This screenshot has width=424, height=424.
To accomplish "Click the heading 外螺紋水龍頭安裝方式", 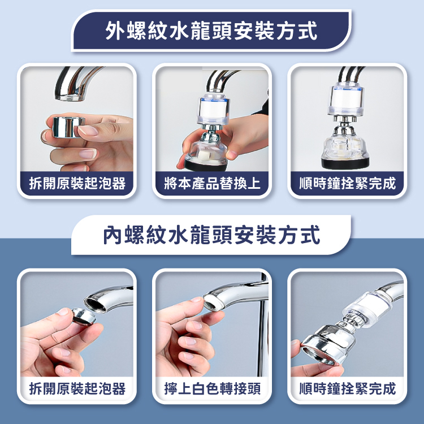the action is [x=211, y=31].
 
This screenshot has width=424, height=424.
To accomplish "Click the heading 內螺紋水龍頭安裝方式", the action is [x=211, y=235].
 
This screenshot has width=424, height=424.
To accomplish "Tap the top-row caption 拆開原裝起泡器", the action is [x=77, y=183].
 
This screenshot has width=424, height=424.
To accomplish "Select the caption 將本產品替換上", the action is [x=212, y=183].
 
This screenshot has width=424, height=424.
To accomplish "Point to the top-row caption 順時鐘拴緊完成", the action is [x=348, y=183].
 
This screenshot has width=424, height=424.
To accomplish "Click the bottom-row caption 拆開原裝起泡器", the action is [x=77, y=388].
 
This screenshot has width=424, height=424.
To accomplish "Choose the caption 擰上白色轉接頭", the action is [x=212, y=388].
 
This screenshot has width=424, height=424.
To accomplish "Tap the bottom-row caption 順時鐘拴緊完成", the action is [x=348, y=388].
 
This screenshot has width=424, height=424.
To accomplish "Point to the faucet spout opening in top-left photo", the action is [x=70, y=97].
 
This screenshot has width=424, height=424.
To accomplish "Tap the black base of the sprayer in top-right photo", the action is [x=345, y=163].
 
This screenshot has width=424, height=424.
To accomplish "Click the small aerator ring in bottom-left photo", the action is [x=84, y=317].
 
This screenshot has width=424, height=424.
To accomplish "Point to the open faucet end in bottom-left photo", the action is [x=94, y=305].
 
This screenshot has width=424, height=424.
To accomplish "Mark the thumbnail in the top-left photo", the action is [x=88, y=131].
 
